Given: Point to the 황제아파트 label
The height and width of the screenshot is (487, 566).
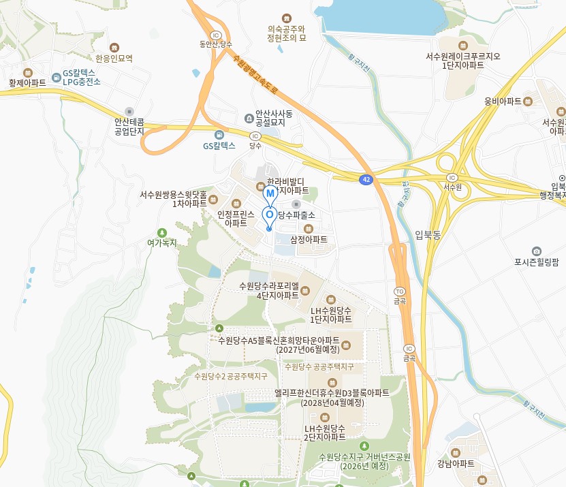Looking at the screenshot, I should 28,82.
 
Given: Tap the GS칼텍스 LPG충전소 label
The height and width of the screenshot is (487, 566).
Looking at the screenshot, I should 81,76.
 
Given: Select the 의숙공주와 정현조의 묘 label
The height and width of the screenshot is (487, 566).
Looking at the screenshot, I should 286,33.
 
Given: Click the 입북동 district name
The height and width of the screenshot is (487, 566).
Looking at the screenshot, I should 428,235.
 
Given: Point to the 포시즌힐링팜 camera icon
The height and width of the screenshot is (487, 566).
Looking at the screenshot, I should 537,251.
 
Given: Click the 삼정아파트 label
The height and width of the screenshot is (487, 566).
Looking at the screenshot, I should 309,240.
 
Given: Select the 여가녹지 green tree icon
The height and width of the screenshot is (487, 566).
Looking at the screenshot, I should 161,232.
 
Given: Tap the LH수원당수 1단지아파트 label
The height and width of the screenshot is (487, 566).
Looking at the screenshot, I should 331,314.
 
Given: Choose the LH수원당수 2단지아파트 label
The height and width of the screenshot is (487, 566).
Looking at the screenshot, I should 325,432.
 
